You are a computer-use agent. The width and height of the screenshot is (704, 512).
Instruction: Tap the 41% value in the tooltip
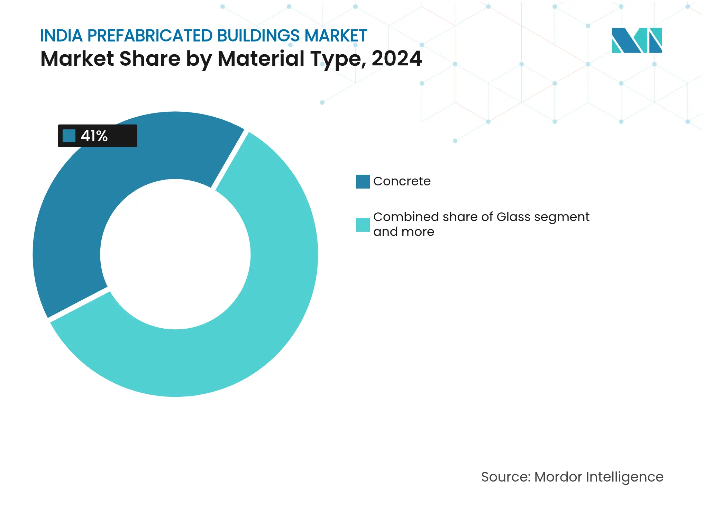pos(94,136)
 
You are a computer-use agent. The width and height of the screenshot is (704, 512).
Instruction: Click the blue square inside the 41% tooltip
pos(69,136)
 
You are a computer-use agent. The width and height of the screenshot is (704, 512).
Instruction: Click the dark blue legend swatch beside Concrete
pos(363,182)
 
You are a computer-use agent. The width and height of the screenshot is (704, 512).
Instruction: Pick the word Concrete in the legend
pos(402,181)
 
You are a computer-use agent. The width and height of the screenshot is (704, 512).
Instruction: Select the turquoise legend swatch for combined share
pos(363,225)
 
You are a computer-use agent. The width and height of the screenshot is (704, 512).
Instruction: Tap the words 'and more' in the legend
pos(404,232)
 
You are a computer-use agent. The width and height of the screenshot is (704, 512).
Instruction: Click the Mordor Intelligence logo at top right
pos(637,40)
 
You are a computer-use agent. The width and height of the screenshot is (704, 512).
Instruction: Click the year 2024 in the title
pos(396,58)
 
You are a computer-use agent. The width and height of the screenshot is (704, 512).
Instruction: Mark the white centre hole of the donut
pos(175,254)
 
